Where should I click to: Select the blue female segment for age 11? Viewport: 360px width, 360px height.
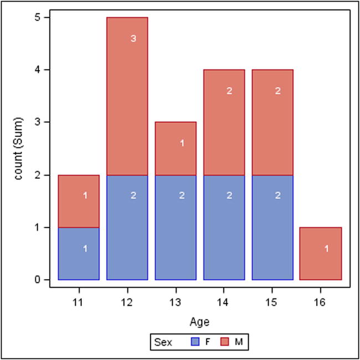tap(79, 253)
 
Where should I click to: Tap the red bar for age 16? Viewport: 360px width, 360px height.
tap(320, 253)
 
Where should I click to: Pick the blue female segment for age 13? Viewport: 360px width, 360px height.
tap(176, 227)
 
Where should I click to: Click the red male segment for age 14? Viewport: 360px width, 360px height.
tap(224, 122)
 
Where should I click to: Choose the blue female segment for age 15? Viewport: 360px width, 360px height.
tap(272, 227)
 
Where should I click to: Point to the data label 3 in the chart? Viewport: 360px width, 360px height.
tap(133, 39)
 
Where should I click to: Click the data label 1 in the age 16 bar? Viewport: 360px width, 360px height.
tap(326, 249)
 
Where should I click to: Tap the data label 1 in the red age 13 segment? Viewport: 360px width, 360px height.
tap(182, 143)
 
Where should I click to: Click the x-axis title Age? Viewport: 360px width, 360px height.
tap(199, 321)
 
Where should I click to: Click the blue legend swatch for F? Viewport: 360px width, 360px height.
tap(194, 342)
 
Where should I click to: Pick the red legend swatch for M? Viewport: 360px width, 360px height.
tap(225, 342)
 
